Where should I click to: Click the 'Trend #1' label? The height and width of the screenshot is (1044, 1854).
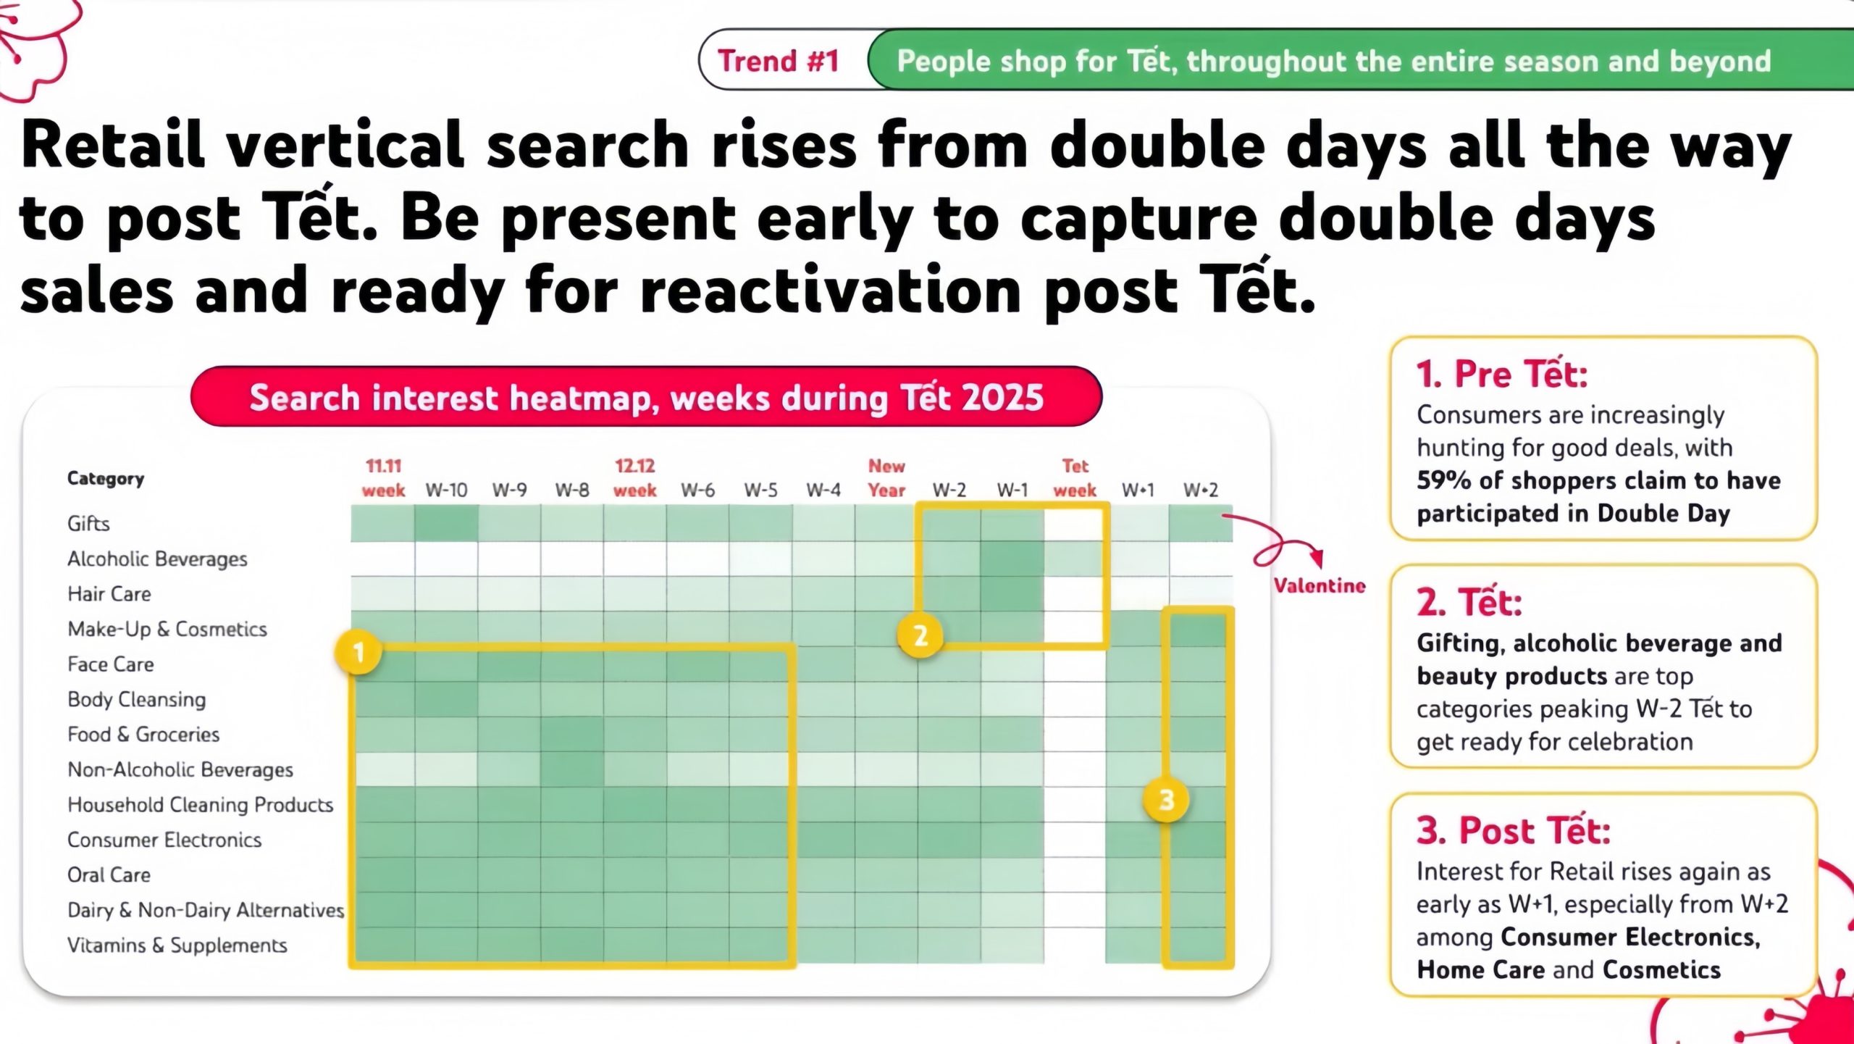coord(779,61)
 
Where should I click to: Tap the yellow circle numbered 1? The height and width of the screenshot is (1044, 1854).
coord(358,653)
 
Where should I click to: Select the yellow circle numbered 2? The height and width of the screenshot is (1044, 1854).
coord(920,635)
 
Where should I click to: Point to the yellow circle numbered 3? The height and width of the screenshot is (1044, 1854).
coord(1166,800)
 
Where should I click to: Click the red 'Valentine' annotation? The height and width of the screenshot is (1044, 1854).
coord(1320,585)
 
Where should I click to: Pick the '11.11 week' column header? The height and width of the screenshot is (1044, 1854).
coord(383,478)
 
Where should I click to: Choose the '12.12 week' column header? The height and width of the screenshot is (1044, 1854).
coord(634,478)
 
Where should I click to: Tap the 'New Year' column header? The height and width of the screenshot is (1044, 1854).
coord(886,478)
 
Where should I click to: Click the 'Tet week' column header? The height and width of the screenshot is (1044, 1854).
coord(1075,478)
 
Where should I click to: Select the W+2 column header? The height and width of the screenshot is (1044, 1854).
coord(1201,490)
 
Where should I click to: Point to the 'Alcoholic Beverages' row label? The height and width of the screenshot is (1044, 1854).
coord(157,559)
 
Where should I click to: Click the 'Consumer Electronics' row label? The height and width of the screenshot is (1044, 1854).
coord(164,840)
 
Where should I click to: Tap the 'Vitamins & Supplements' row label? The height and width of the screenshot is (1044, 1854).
coord(177,945)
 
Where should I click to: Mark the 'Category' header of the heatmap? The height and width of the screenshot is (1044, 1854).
coord(106,479)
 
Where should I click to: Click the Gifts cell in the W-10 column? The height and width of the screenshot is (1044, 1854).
coord(446,523)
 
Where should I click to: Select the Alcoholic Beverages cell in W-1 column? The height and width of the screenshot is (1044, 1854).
coord(1012,559)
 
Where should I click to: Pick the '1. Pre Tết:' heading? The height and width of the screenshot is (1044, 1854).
coord(1502,374)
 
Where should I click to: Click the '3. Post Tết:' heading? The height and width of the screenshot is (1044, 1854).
coord(1514,830)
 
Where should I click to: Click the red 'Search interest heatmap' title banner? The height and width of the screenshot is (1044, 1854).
coord(646,397)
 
